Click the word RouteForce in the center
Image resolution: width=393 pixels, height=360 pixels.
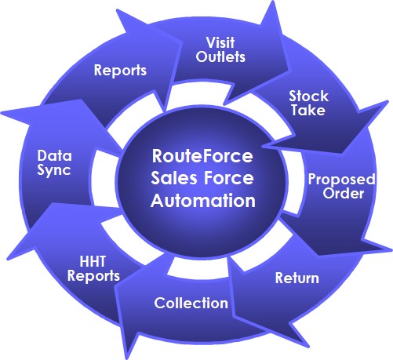[202, 156]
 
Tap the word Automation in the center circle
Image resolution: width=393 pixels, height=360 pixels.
[203, 201]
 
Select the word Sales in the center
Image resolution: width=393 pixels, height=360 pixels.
[174, 178]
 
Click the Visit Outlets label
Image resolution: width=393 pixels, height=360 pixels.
[220, 50]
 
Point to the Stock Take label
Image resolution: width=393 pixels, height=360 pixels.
[308, 103]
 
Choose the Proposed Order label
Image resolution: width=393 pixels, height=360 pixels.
[342, 186]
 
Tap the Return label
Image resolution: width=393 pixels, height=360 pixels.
[297, 278]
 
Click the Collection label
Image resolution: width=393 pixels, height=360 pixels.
[191, 304]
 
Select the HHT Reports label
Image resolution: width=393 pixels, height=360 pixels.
[93, 269]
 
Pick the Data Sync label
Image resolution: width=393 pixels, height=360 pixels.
[54, 163]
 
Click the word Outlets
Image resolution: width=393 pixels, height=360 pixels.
[220, 56]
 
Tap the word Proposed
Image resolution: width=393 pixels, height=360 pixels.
[342, 180]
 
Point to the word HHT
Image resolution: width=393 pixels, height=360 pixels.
[93, 262]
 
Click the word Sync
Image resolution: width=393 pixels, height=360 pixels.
[54, 170]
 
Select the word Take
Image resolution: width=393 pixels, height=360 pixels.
[308, 110]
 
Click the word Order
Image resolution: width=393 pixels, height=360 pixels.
[343, 194]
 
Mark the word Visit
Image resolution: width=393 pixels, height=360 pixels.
[220, 42]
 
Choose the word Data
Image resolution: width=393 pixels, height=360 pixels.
[54, 156]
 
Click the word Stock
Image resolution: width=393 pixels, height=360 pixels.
[308, 96]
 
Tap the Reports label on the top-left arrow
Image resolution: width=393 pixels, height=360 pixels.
[120, 71]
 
